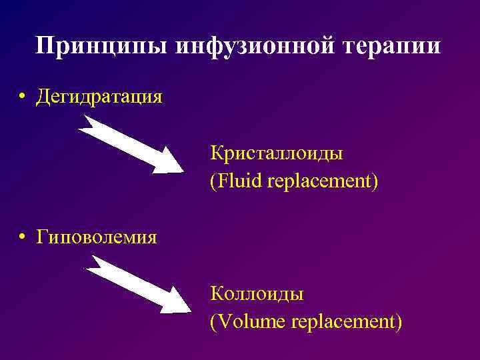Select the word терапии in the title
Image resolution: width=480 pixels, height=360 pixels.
pyautogui.click(x=393, y=46)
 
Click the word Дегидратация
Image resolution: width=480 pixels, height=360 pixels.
pyautogui.click(x=99, y=97)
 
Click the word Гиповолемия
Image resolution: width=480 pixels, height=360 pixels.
pyautogui.click(x=97, y=236)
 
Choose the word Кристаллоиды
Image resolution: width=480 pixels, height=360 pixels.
pyautogui.click(x=277, y=153)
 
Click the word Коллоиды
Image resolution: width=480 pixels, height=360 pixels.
pyautogui.click(x=257, y=293)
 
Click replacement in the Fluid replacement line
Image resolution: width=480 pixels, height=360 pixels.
pyautogui.click(x=323, y=182)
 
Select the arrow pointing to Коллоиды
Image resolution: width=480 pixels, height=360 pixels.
pyautogui.click(x=137, y=284)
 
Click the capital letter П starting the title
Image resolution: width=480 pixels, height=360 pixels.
pyautogui.click(x=45, y=46)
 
